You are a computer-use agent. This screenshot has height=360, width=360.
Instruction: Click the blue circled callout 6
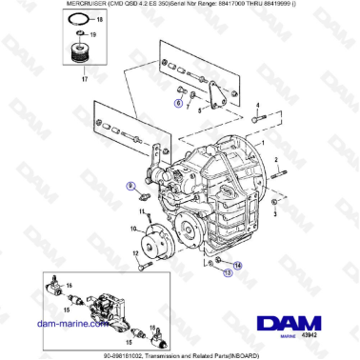(x=177, y=101)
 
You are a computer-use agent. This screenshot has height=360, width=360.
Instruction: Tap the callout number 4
(x=256, y=106)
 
